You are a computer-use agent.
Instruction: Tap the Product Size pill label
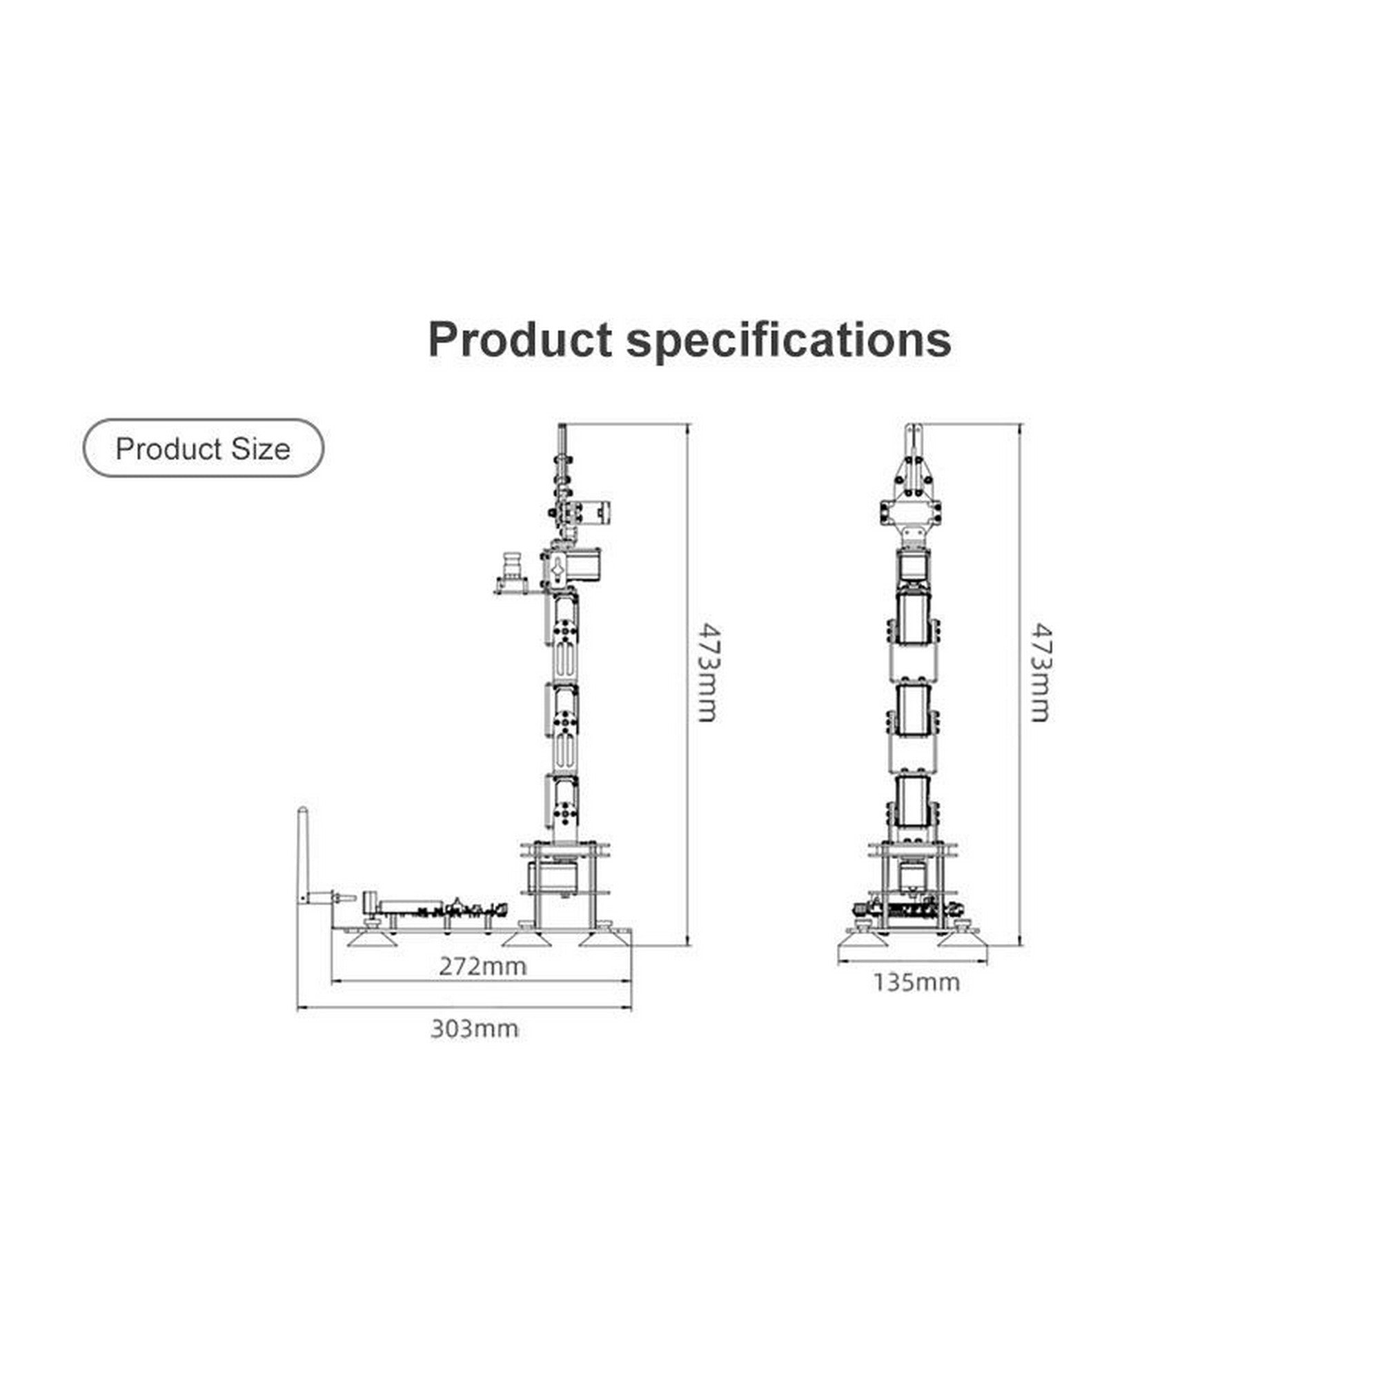[x=204, y=448]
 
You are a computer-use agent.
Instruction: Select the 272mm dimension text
[x=483, y=967]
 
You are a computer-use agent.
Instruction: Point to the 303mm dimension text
[x=474, y=1029]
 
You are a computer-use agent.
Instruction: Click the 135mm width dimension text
[x=916, y=983]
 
